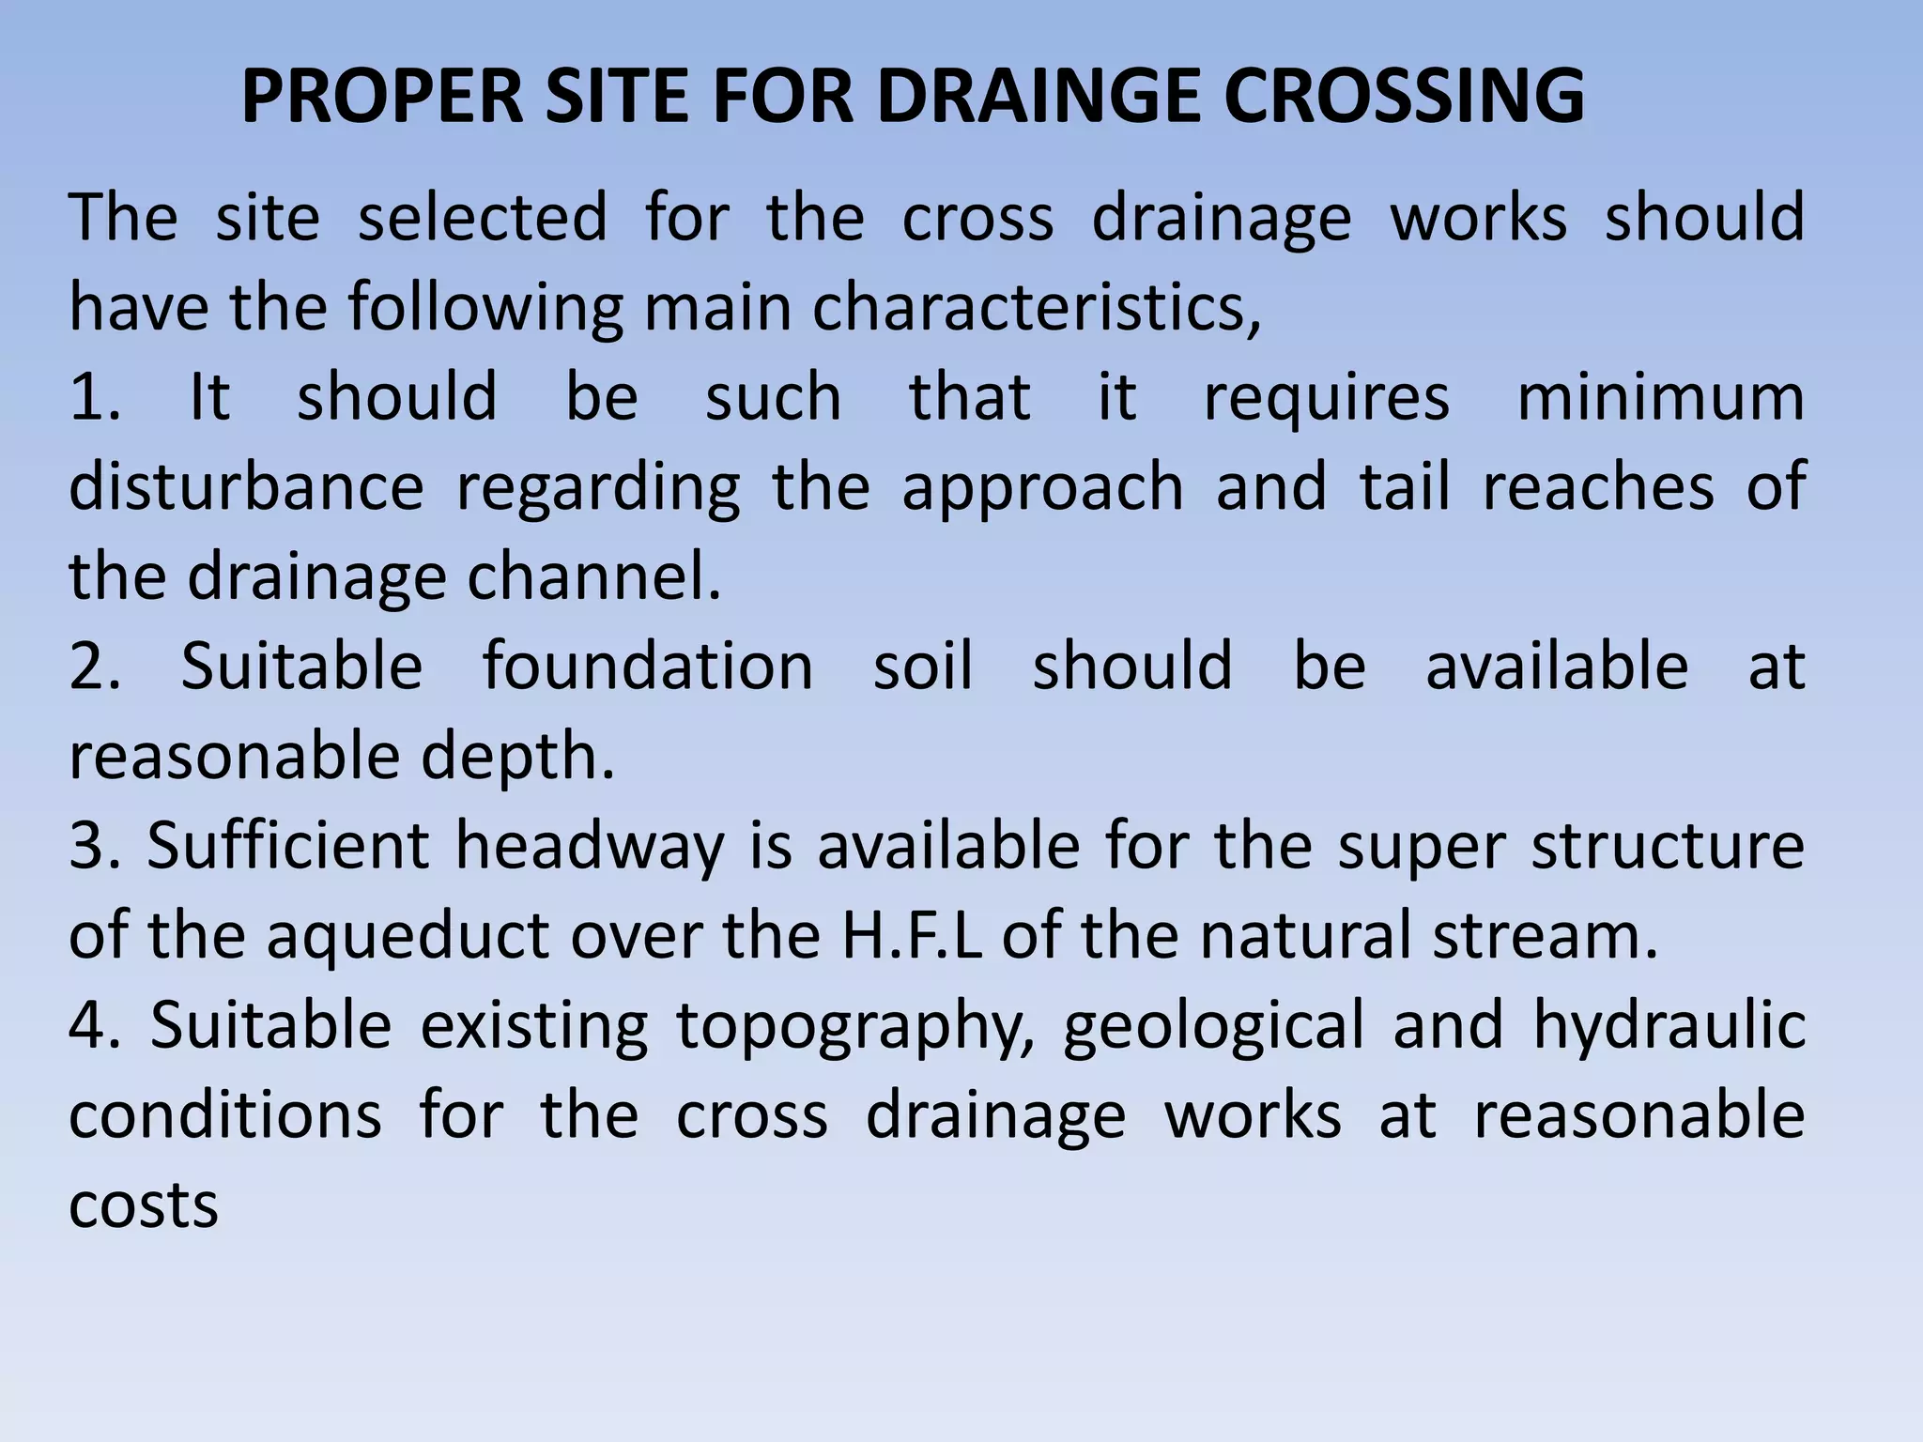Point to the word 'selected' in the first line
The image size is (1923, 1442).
[483, 218]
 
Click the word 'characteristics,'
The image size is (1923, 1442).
[1037, 308]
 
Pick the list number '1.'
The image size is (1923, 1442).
[95, 397]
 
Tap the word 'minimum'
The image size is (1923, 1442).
[1660, 397]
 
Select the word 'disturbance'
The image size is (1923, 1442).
[246, 487]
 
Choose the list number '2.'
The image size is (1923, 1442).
[95, 667]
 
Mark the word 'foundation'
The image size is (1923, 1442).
[648, 667]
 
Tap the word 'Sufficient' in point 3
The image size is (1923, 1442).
[287, 846]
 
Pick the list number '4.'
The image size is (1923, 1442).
[95, 1025]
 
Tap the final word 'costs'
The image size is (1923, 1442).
[144, 1206]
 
